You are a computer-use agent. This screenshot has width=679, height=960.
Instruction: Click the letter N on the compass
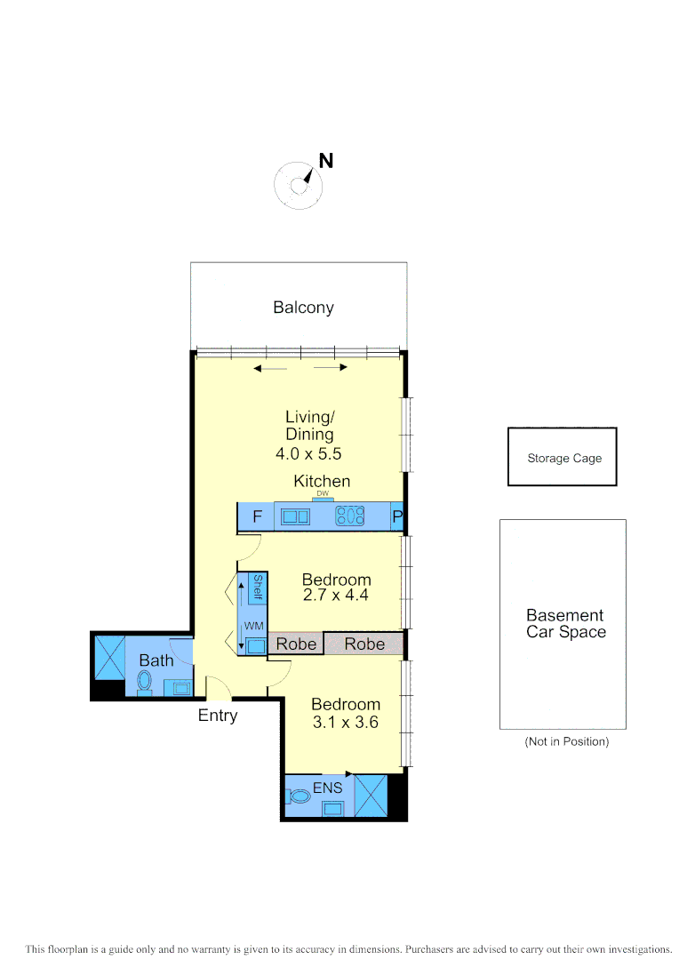326,161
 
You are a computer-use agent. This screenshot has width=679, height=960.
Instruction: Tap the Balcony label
303,308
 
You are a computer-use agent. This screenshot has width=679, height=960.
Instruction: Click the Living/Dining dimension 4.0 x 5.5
309,453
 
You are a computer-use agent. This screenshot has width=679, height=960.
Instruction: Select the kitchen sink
295,516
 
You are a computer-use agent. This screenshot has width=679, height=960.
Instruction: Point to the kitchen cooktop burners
350,516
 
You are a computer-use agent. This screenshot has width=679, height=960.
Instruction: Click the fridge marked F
258,516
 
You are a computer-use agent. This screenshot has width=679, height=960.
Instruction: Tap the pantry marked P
397,516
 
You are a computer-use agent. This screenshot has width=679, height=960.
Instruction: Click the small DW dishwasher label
323,494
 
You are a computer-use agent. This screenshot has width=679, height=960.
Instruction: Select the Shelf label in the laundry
258,588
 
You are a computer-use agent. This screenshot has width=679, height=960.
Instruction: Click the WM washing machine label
254,627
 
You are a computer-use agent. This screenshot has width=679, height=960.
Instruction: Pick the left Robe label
297,644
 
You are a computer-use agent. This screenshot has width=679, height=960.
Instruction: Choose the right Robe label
364,644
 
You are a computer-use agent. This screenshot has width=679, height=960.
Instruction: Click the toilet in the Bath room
145,683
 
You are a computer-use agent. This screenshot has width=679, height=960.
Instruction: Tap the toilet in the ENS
300,796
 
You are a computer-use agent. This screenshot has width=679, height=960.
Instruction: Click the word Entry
218,715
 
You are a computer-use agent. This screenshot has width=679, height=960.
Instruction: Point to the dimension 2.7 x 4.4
336,596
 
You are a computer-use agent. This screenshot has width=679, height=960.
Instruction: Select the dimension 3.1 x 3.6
345,723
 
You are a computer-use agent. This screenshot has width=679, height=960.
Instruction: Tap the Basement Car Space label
565,624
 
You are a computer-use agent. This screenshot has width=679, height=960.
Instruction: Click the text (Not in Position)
566,741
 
